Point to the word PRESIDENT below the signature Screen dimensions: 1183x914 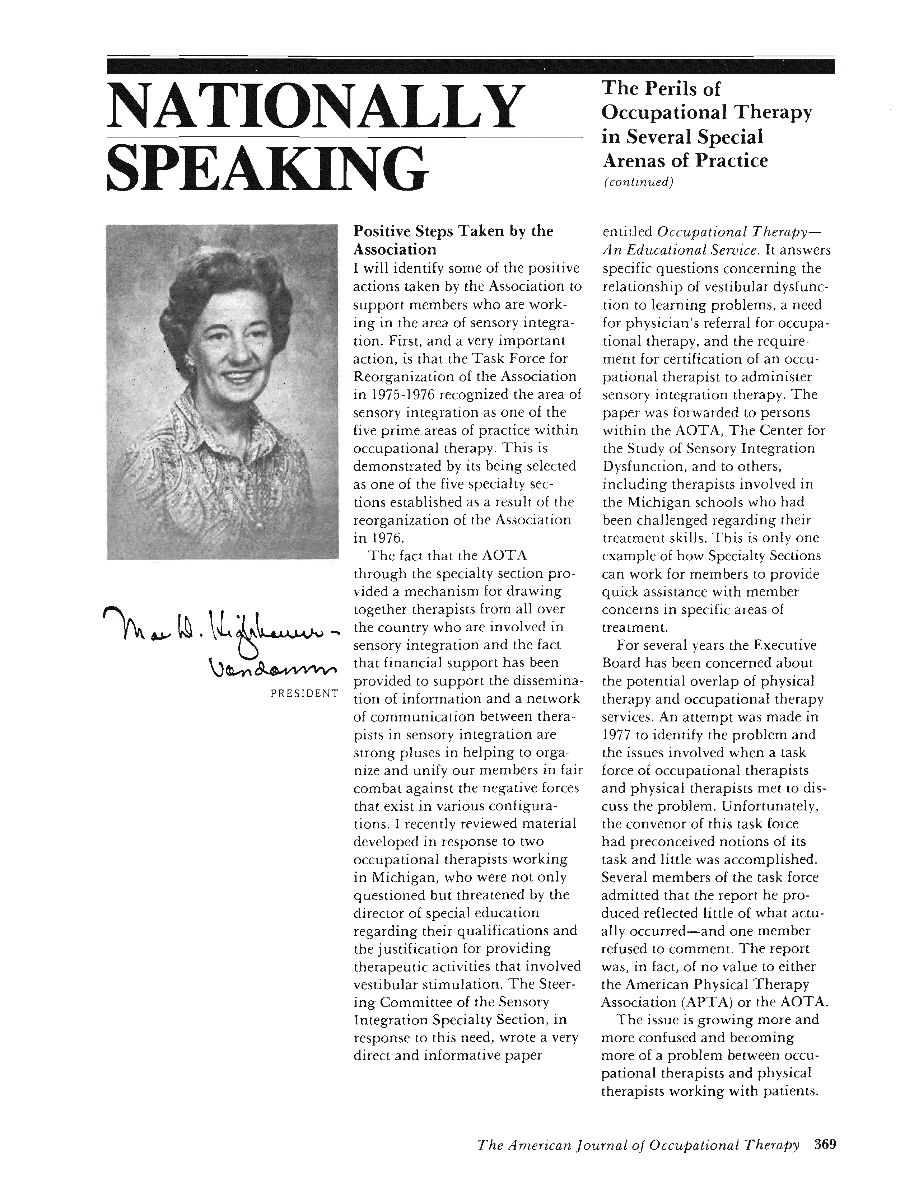click(304, 693)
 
